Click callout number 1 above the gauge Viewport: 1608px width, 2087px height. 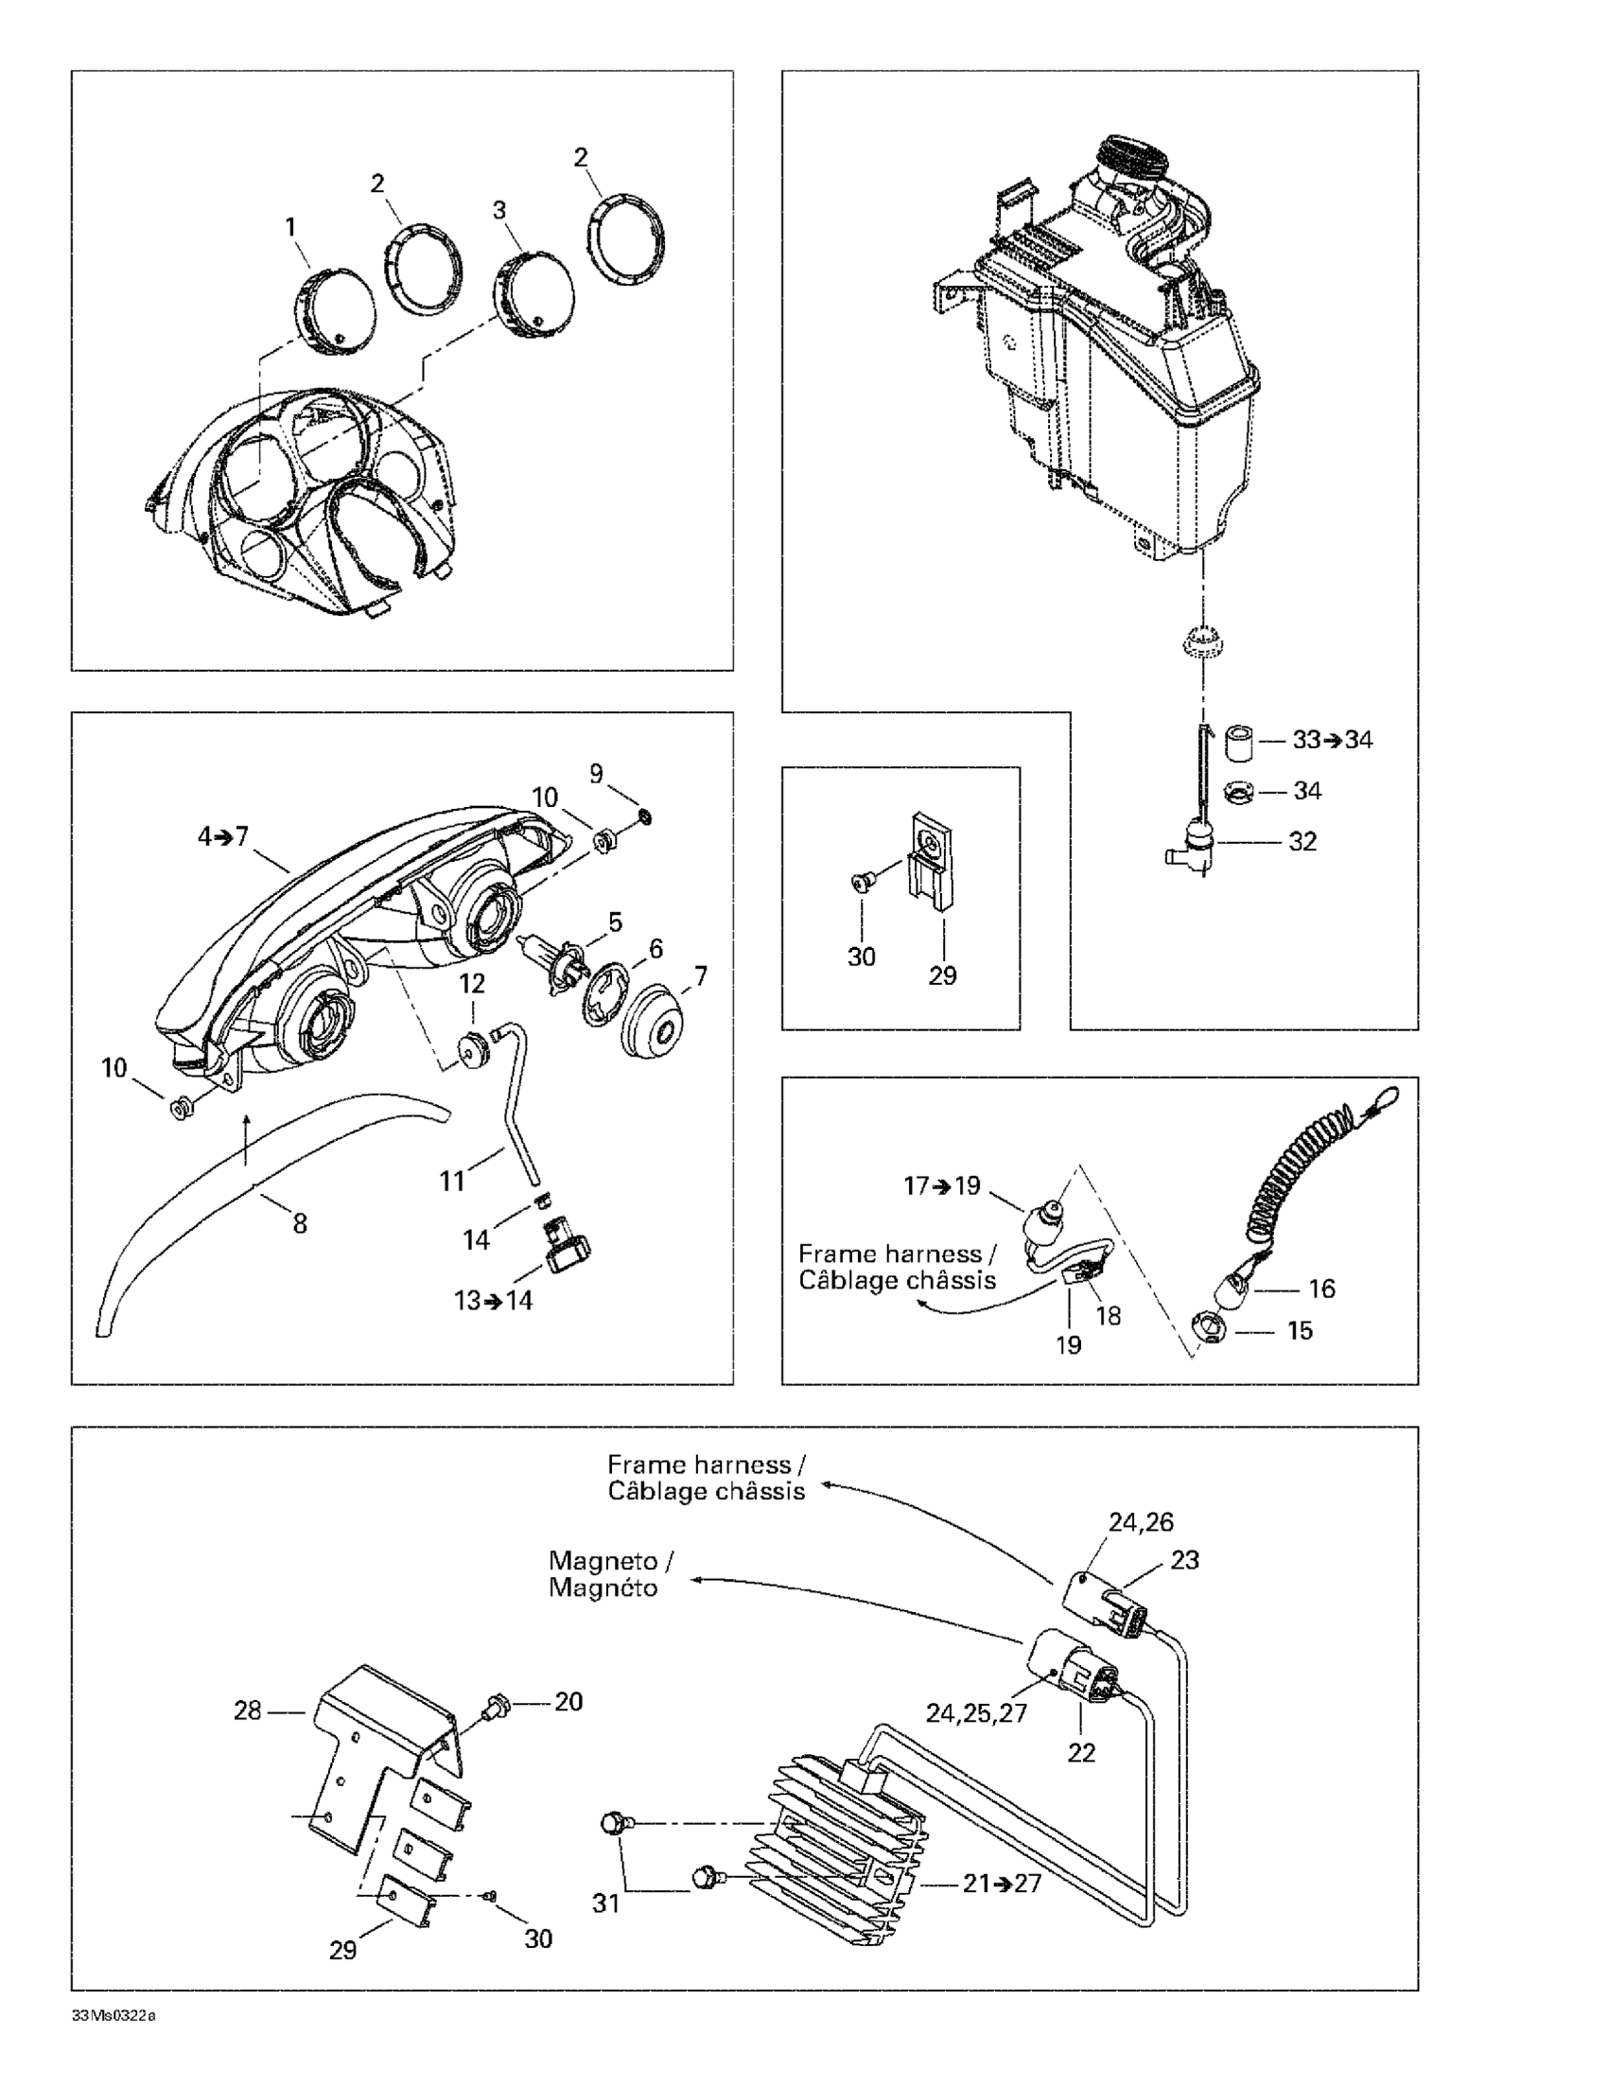point(290,227)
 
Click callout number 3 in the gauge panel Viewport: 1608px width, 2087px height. point(498,210)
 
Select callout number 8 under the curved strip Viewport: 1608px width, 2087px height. point(300,1224)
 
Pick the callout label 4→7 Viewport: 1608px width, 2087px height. point(222,837)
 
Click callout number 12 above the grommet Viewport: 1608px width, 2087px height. point(473,983)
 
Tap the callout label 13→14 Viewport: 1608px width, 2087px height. point(493,1301)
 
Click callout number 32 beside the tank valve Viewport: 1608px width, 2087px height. point(1302,842)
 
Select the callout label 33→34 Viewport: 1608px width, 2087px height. point(1332,740)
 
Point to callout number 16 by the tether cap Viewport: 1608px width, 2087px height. point(1321,1289)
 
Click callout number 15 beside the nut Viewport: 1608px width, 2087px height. point(1301,1331)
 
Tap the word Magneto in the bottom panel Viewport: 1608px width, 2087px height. point(603,1561)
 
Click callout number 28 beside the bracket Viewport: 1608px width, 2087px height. point(248,1710)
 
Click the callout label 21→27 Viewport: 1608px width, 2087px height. point(1003,1884)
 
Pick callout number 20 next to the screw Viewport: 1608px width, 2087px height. point(568,1702)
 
